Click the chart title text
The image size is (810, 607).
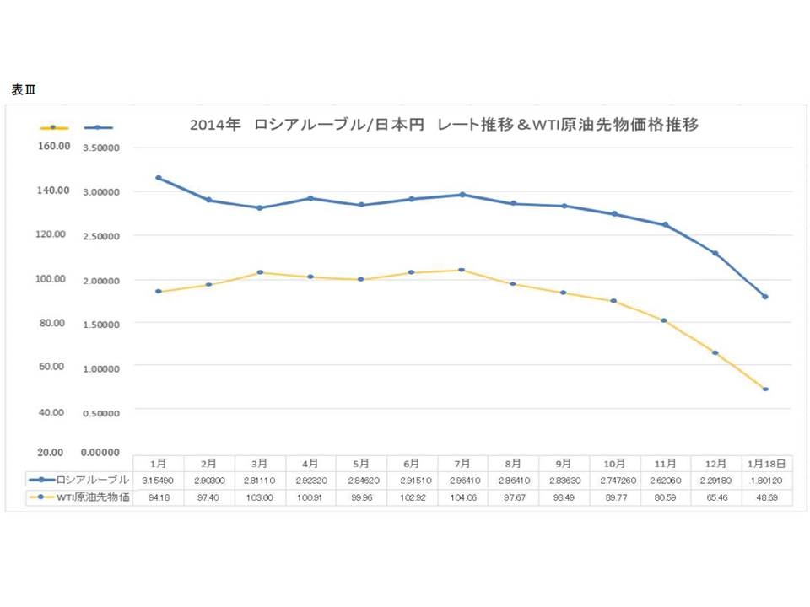point(443,124)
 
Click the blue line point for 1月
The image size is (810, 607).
point(159,178)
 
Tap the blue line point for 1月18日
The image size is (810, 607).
point(765,297)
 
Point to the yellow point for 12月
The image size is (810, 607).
point(715,352)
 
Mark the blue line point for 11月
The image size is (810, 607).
point(665,224)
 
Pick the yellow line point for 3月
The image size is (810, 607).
point(260,272)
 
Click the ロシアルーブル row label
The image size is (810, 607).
point(93,479)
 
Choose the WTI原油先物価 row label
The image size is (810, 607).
point(93,496)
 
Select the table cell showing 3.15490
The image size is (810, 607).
point(158,480)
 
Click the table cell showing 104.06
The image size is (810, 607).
point(462,497)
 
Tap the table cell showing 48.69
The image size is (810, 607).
point(766,497)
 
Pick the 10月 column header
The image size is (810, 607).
point(614,463)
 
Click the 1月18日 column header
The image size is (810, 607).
point(766,463)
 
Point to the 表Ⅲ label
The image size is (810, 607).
point(24,89)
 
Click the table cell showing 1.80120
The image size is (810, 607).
point(766,480)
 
